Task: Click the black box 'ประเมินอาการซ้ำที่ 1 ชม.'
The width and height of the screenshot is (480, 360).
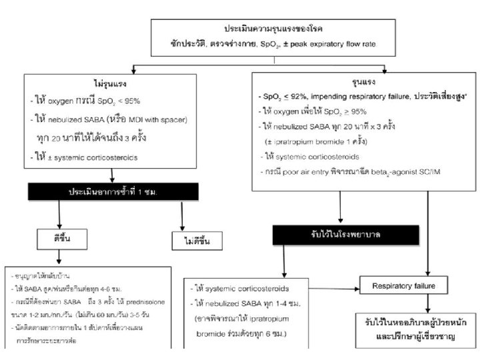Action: pyautogui.click(x=113, y=191)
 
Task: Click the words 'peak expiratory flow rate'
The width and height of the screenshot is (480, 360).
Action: pyautogui.click(x=344, y=45)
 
